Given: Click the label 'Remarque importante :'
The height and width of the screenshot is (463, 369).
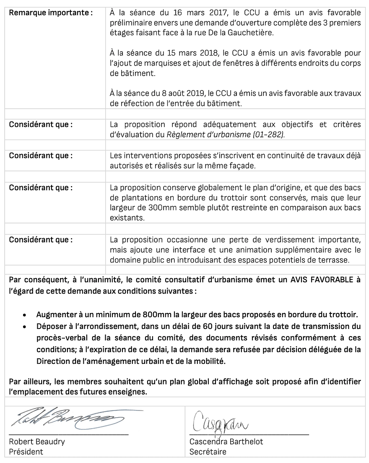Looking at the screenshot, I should click(x=51, y=13).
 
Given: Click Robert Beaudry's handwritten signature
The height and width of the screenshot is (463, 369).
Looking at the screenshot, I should click(x=67, y=418).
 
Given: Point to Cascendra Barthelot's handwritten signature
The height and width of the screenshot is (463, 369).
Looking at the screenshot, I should click(x=221, y=420).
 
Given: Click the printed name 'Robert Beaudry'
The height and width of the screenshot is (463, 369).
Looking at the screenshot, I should click(x=37, y=442).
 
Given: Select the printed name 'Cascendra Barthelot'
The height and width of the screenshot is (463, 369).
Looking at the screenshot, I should click(x=226, y=442).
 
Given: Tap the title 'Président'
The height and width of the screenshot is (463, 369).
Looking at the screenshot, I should click(x=26, y=452).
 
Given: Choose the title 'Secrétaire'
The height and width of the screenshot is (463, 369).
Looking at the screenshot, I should click(x=208, y=452).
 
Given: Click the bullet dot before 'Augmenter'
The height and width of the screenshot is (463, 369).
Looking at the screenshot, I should click(x=26, y=315).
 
